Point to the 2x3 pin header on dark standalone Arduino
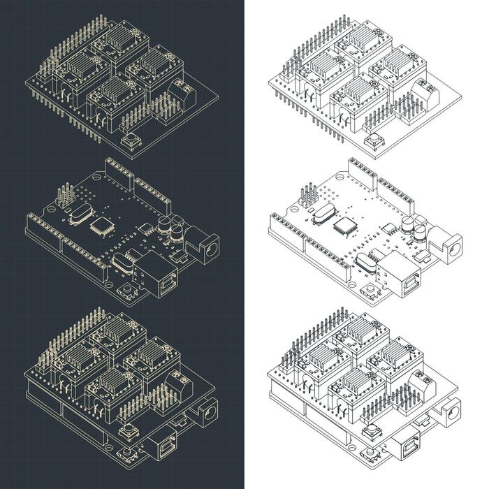click(x=64, y=196)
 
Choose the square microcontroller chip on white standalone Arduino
click(x=344, y=224)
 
